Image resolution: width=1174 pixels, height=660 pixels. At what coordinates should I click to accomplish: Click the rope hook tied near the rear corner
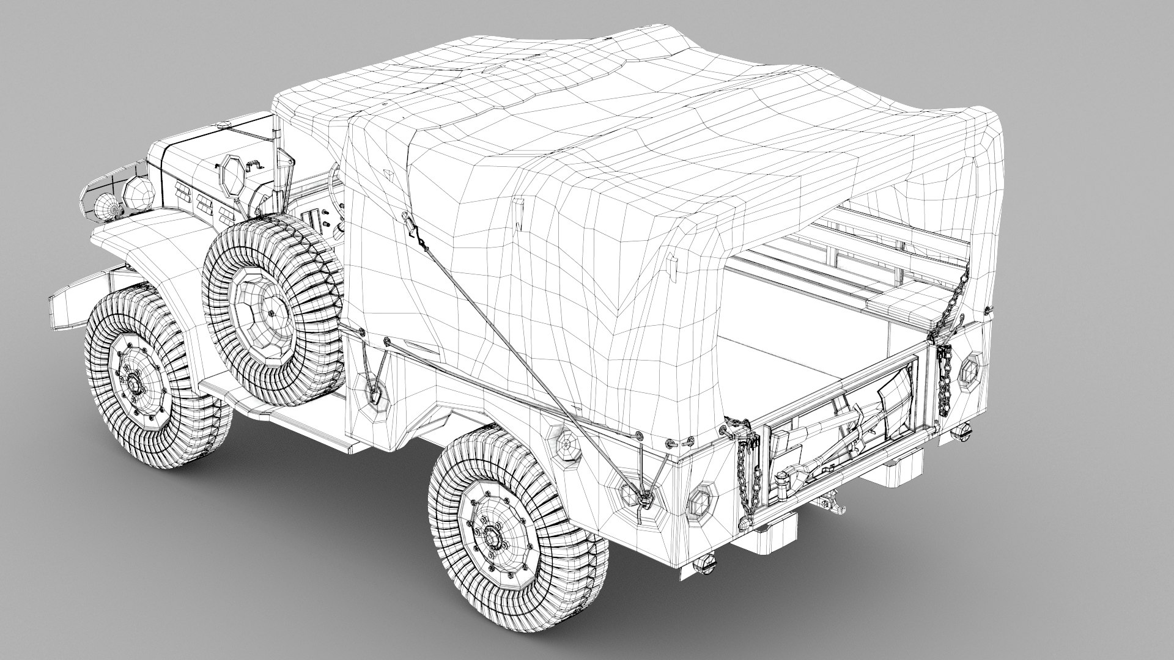643,499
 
